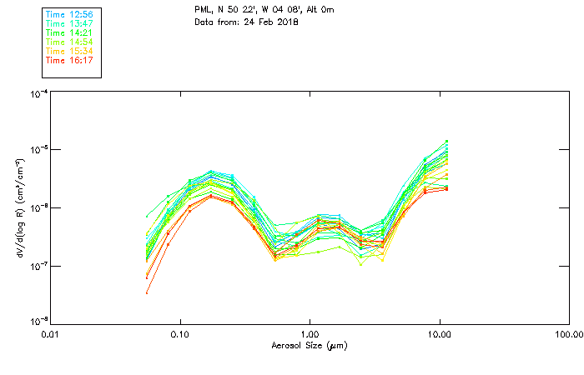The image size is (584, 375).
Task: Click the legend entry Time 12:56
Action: tap(71, 14)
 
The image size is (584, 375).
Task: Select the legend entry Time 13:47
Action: tap(71, 23)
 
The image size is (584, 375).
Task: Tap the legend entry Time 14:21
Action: tap(71, 32)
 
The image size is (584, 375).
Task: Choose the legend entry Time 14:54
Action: tap(71, 42)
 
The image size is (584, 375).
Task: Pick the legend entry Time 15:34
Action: tap(71, 51)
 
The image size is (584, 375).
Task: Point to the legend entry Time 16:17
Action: tap(71, 60)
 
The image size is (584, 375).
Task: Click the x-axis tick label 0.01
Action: tap(51, 334)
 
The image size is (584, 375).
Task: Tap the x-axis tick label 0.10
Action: tap(180, 334)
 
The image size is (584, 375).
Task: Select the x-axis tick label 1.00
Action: tap(310, 334)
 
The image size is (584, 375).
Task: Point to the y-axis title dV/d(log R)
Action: tap(18, 208)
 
